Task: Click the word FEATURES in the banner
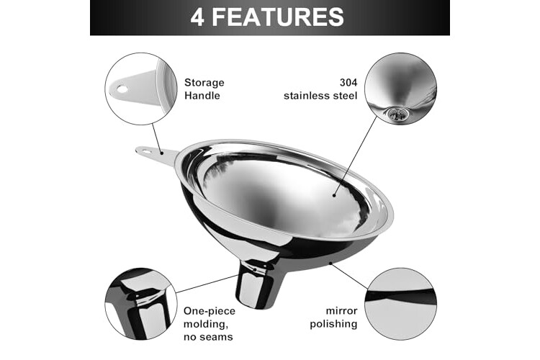278,17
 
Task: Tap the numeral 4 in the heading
197,17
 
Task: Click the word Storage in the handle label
204,83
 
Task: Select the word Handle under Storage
202,96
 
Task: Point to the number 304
348,82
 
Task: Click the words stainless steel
320,96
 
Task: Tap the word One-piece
210,311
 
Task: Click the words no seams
208,336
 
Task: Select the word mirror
341,311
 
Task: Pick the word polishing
333,324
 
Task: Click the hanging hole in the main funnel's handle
146,150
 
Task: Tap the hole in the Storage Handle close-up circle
122,89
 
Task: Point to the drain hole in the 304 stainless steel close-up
397,114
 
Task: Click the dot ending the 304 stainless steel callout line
334,195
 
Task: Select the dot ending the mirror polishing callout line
330,264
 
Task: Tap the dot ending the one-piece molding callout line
255,270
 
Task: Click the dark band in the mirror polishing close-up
400,296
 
